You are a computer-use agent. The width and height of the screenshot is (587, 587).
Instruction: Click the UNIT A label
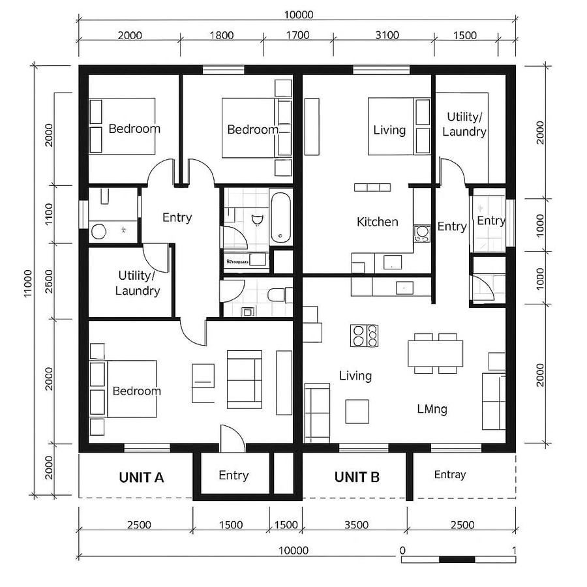point(141,477)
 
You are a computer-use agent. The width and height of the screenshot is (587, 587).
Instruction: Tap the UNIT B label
point(357,477)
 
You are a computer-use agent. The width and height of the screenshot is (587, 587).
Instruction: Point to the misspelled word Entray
point(450,475)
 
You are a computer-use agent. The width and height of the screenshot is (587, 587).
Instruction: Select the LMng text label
point(432,410)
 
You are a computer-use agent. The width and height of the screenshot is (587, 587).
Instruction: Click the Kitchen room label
point(377,222)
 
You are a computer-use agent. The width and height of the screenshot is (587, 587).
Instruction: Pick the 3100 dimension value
point(387,35)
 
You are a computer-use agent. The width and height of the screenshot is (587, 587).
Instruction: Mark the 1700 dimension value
point(297,35)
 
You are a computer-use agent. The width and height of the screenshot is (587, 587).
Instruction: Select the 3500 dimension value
point(356,525)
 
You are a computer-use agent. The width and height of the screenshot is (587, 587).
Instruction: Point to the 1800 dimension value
point(221,35)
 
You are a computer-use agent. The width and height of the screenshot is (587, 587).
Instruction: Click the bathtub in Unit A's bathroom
point(282,217)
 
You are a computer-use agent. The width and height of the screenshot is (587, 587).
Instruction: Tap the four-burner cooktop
point(365,335)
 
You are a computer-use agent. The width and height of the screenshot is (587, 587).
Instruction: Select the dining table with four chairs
point(435,353)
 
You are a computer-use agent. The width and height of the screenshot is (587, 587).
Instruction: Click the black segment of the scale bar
point(457,559)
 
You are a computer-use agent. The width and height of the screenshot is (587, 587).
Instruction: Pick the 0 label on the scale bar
point(402,550)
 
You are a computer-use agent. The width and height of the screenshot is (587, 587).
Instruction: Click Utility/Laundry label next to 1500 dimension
point(464,124)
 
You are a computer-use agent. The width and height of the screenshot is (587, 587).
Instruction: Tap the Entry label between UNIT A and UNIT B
point(233,475)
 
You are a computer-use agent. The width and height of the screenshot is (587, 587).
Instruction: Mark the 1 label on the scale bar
point(515,550)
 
